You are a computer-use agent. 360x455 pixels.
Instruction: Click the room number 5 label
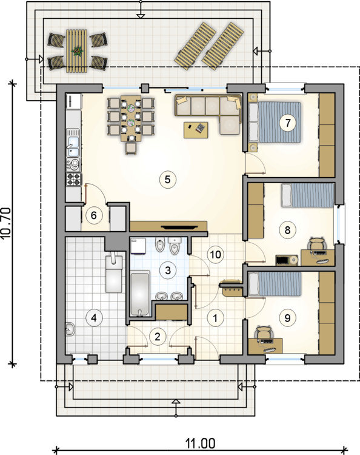[167, 180]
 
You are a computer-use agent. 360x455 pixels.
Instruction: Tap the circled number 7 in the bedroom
[287, 123]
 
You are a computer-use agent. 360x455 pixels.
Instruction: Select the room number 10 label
[215, 254]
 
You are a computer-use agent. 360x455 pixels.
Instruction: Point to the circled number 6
[94, 215]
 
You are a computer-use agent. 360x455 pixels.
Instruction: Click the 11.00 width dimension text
[200, 443]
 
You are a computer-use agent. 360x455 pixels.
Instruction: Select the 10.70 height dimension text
[6, 223]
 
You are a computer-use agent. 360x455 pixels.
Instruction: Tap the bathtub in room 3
[140, 294]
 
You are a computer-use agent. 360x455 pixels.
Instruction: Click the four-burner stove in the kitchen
[73, 179]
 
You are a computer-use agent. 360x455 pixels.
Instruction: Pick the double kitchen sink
[73, 143]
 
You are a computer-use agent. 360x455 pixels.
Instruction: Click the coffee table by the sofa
[196, 130]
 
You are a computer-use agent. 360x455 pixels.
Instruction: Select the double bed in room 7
[275, 122]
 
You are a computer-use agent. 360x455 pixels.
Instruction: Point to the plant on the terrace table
[77, 51]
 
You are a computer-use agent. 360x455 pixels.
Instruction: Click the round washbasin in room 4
[70, 329]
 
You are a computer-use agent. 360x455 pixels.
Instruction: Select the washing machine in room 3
[138, 246]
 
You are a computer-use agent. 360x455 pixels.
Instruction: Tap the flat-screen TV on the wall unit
[179, 227]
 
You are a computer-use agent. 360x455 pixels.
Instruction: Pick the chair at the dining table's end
[131, 149]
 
